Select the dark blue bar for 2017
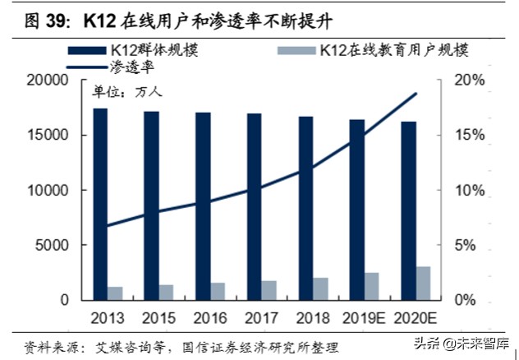pos(255,206)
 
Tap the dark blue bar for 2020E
pos(409,210)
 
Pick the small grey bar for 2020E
pos(423,283)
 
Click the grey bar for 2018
pos(320,288)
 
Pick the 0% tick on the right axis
pos(469,300)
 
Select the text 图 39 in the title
pos(37,17)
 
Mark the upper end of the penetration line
pos(416,95)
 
